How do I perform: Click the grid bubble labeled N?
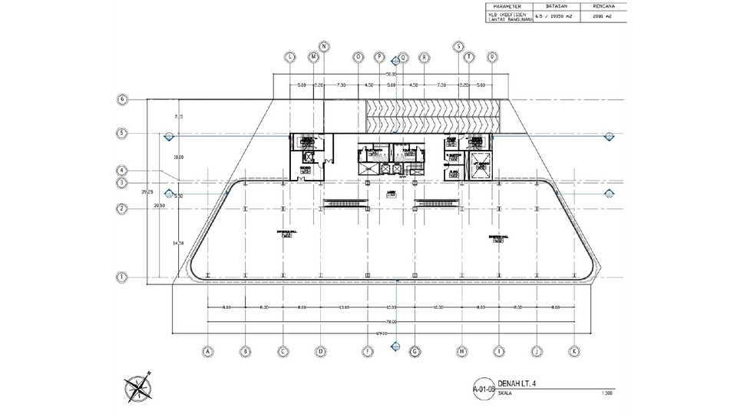tap(324, 47)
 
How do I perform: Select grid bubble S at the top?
tap(458, 47)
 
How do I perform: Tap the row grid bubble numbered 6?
tap(121, 99)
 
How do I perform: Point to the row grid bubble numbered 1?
tap(121, 277)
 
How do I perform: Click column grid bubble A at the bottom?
tap(207, 351)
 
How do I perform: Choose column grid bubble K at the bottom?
tap(573, 351)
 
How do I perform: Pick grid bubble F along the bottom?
tap(368, 351)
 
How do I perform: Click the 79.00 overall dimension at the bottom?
tap(392, 321)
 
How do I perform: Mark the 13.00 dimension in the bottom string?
tap(345, 307)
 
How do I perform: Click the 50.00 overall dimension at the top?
tap(391, 74)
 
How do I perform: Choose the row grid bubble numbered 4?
tap(121, 171)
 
